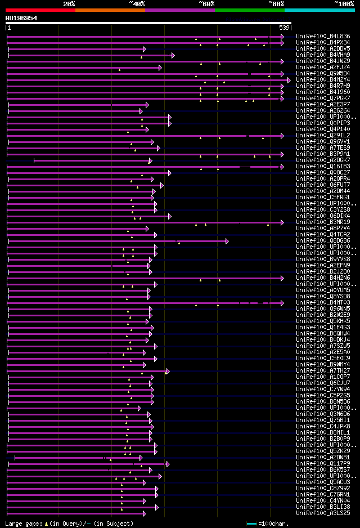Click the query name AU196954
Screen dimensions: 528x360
(x=21, y=18)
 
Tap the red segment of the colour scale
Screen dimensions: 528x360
(x=40, y=10)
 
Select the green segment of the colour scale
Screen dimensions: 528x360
(x=249, y=10)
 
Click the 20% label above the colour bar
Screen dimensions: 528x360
(x=69, y=4)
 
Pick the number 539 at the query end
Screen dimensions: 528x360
(x=284, y=28)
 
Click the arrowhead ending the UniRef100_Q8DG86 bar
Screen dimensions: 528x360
(x=227, y=241)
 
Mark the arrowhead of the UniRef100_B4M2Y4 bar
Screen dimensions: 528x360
(x=289, y=80)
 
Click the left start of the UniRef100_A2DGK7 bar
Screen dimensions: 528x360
(x=34, y=160)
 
